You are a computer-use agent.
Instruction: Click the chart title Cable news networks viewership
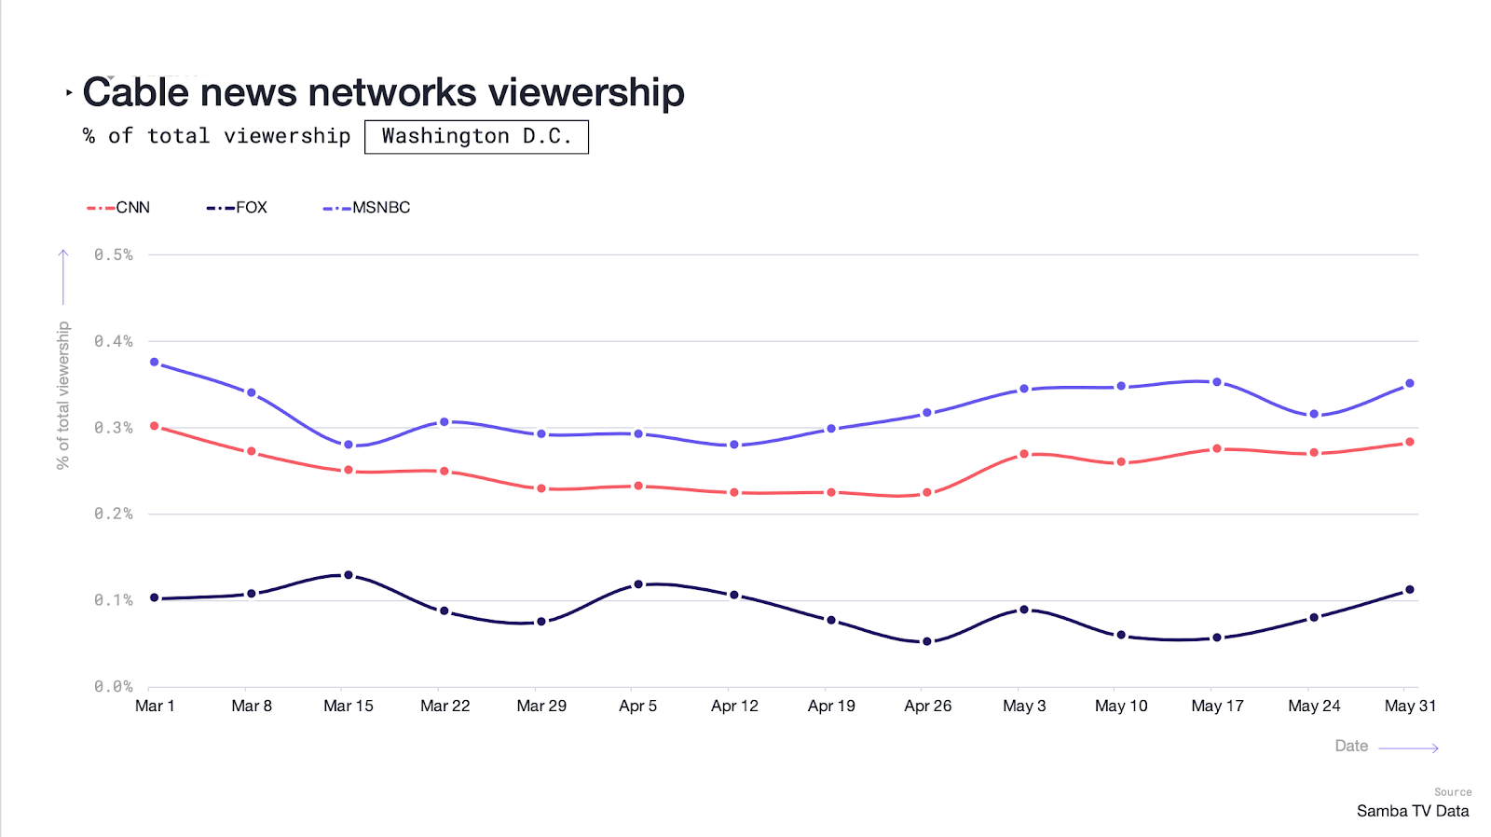point(383,92)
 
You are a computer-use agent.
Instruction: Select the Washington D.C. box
point(476,136)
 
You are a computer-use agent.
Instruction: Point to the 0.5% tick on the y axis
point(114,254)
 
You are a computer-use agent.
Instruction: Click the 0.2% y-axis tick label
point(114,514)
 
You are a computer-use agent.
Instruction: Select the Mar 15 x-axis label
point(348,706)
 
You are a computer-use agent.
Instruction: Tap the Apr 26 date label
point(927,706)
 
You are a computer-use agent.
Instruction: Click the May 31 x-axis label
point(1410,706)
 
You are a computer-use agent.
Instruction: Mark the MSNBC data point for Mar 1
point(155,362)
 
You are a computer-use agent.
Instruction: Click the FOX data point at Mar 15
point(349,575)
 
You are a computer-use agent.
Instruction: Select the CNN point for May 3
point(1024,454)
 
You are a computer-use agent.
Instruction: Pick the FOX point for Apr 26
point(927,641)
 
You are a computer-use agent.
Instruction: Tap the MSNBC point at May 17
point(1217,382)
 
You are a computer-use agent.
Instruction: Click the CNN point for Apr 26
point(927,492)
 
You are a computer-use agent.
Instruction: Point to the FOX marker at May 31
point(1410,590)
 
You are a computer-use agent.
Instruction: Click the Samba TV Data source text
point(1413,811)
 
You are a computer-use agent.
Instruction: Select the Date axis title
point(1351,746)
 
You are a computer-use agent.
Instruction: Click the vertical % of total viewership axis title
point(62,395)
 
